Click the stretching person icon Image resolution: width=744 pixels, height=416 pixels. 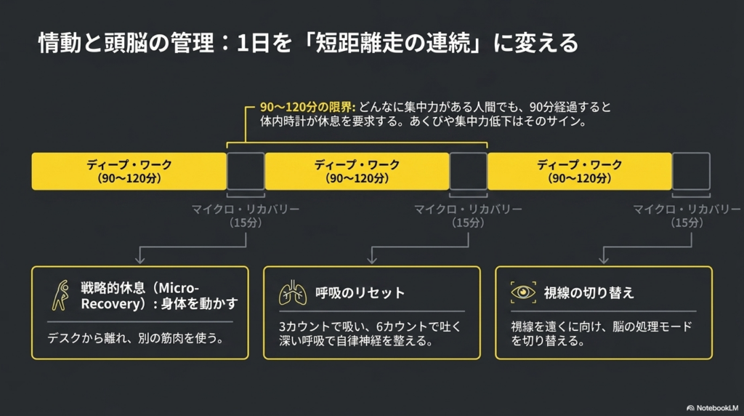[60, 295]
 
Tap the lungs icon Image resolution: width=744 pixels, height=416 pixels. [293, 292]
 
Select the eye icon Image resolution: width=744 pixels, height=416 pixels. [523, 292]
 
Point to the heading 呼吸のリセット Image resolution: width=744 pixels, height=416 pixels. [360, 292]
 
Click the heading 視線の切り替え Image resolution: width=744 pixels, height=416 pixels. [589, 292]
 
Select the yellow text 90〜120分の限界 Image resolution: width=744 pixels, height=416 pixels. [307, 107]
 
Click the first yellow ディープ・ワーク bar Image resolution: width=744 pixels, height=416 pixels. [129, 172]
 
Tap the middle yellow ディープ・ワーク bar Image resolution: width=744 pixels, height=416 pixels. [357, 172]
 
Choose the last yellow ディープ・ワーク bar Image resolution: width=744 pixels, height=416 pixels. [579, 172]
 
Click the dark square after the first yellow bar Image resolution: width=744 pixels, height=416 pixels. [246, 172]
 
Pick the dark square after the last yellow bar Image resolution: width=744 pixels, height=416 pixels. [692, 172]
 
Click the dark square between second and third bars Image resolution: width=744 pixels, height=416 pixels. [469, 172]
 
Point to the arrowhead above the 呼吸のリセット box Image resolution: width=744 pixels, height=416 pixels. [372, 260]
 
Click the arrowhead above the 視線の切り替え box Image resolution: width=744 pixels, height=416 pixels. [604, 260]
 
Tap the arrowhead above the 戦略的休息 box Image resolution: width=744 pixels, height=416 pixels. [140, 260]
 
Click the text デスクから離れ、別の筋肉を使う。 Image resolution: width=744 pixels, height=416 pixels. [136, 338]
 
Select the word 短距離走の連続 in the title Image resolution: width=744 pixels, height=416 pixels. [393, 43]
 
